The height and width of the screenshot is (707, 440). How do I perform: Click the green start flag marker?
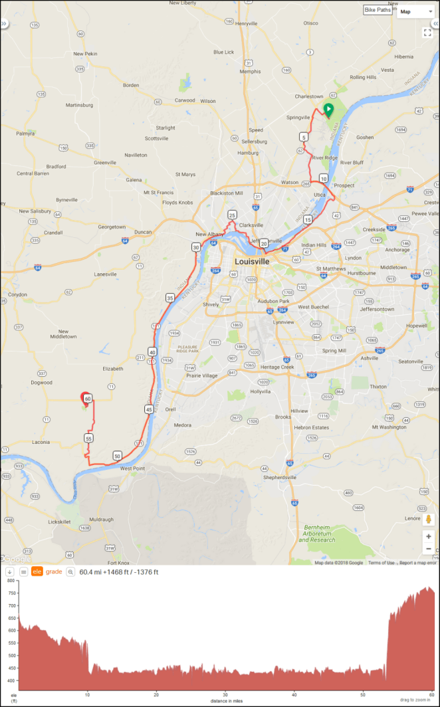[x=328, y=110]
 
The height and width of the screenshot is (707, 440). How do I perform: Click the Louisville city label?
[x=252, y=262]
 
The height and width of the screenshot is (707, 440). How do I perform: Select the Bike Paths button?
[x=378, y=11]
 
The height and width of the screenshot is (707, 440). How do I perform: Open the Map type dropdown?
[x=415, y=11]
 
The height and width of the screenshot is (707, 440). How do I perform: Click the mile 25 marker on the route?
[x=232, y=215]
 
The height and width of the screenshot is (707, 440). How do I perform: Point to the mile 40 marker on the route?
[x=152, y=352]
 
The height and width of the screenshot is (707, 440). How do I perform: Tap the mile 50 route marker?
[x=117, y=456]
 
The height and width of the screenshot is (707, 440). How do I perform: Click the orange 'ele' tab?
[x=37, y=571]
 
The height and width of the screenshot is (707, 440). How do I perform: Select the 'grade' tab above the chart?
[x=54, y=571]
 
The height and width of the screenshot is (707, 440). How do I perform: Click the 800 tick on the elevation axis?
[x=10, y=580]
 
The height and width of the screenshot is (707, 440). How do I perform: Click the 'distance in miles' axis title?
[x=225, y=701]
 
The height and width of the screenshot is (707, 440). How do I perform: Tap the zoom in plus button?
[x=429, y=536]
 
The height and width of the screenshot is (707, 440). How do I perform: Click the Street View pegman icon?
[x=429, y=519]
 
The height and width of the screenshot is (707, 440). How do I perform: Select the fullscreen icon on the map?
[x=427, y=32]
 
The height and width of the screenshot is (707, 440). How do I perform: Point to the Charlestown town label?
[x=310, y=96]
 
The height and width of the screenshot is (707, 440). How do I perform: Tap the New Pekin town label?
[x=85, y=53]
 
